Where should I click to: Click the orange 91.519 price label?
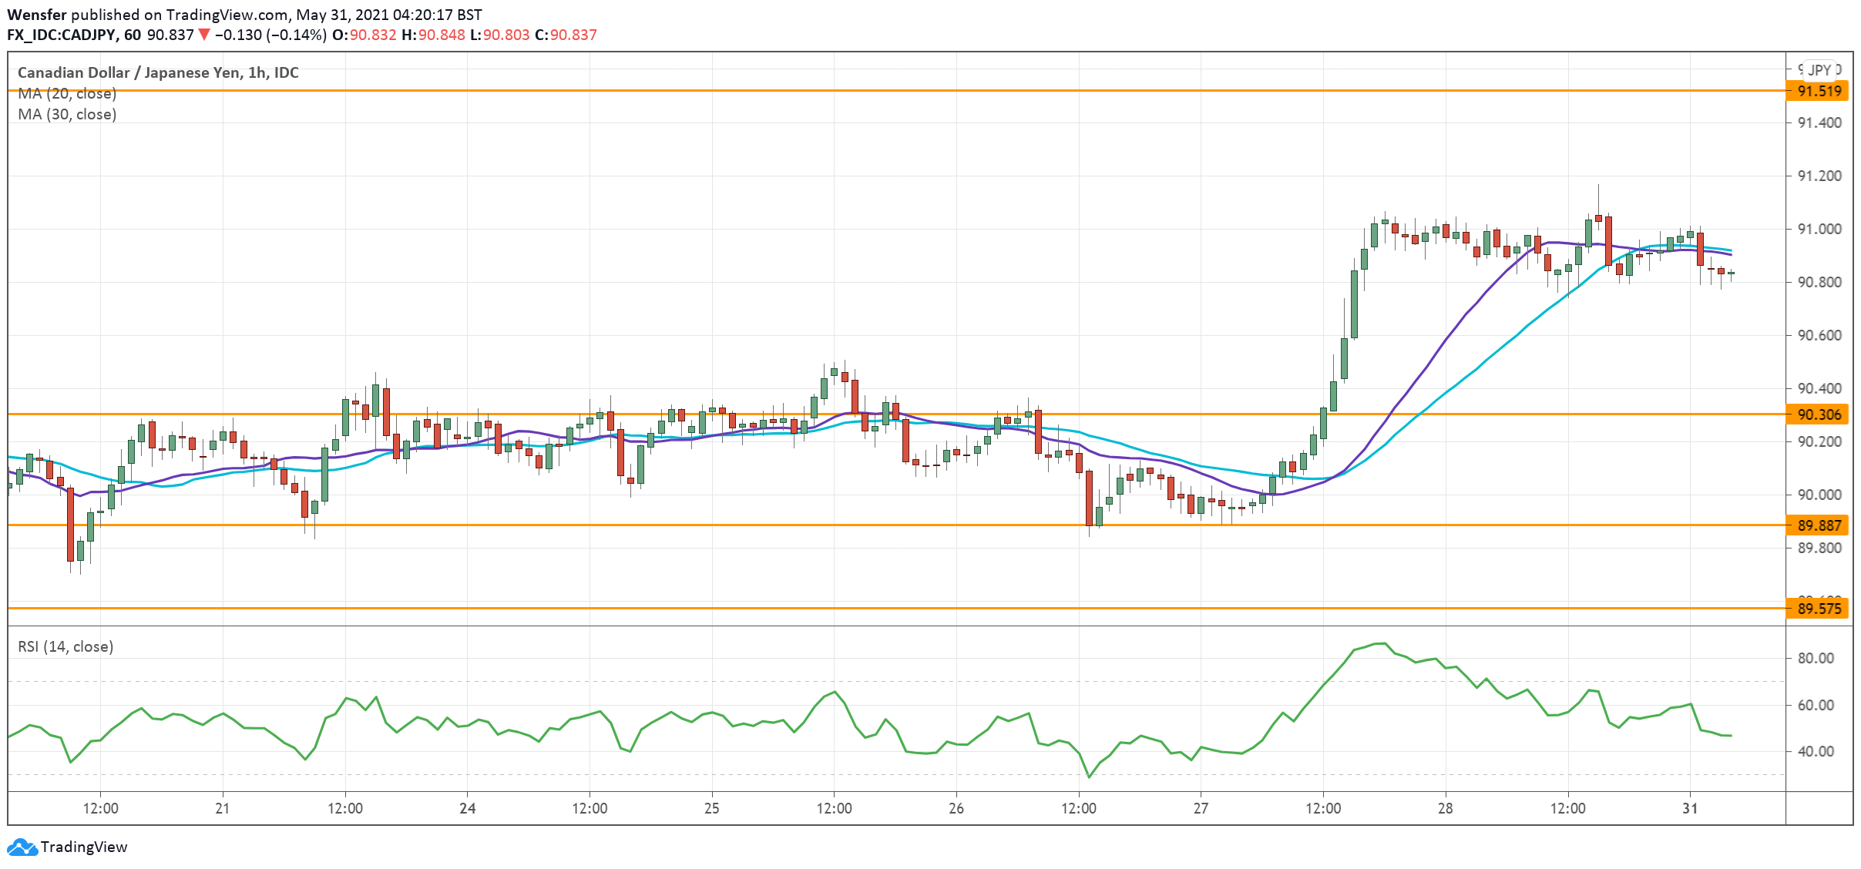click(x=1819, y=91)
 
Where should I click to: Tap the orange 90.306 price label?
click(x=1819, y=414)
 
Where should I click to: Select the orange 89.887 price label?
click(x=1819, y=525)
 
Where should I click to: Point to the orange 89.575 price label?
click(x=1819, y=609)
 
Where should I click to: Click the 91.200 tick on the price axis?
click(x=1819, y=176)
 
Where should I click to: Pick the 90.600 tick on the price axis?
click(x=1819, y=335)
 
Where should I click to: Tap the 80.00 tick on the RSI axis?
click(x=1816, y=658)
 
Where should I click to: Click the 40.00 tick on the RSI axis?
click(x=1816, y=751)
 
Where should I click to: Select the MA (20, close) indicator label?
click(x=67, y=94)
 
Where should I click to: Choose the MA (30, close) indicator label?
click(x=67, y=115)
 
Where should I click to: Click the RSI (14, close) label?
click(x=66, y=647)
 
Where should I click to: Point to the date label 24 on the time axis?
click(x=467, y=809)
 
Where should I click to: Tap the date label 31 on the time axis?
click(x=1690, y=809)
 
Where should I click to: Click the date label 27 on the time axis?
click(x=1201, y=809)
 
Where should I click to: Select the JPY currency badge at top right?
click(x=1819, y=70)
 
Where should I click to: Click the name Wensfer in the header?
click(x=37, y=15)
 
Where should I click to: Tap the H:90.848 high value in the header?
click(x=433, y=35)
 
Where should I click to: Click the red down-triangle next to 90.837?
click(x=204, y=35)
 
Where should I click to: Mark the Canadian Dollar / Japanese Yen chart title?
click(x=158, y=72)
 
